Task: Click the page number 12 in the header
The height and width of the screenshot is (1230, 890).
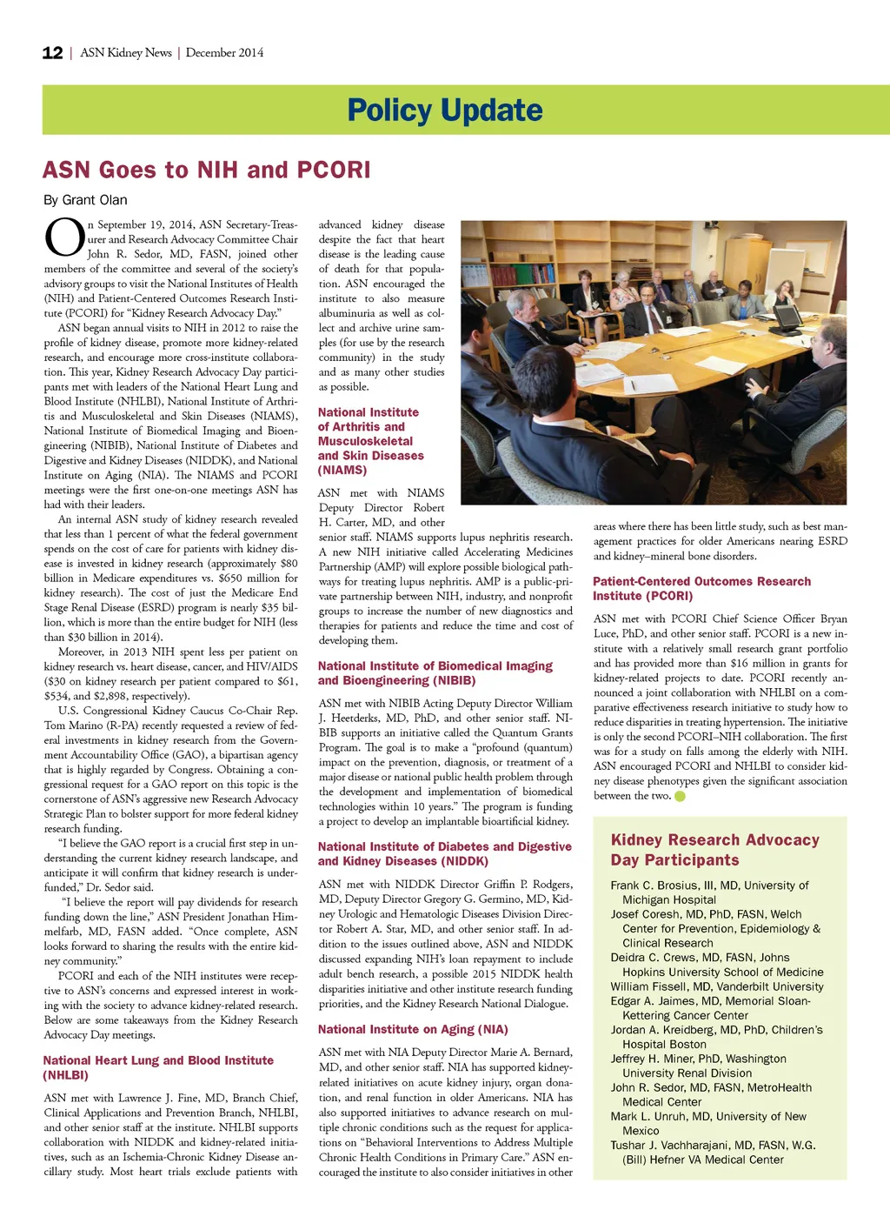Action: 52,53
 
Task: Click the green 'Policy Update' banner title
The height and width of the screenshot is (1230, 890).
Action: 444,110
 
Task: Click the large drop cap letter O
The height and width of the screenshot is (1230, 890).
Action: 63,238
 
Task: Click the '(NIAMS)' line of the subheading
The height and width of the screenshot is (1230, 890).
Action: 342,471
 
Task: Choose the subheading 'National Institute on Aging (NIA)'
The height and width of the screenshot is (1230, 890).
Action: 413,1030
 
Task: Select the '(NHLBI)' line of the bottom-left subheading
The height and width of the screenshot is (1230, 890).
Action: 66,1076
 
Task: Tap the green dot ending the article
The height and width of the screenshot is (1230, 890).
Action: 680,796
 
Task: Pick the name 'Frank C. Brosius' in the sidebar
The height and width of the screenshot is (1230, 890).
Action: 654,886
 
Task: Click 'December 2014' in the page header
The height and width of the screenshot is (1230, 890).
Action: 224,53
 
